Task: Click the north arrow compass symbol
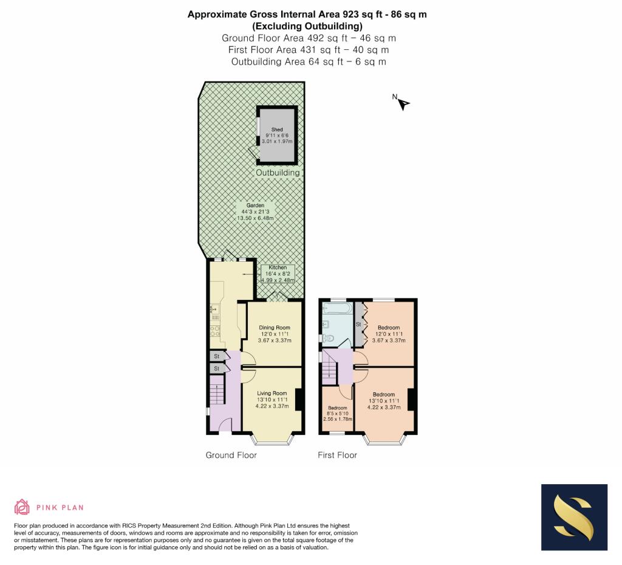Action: coord(403,104)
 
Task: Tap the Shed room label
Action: coord(277,136)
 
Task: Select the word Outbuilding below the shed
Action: coord(278,173)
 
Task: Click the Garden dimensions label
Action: coord(255,212)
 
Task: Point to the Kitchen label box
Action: coord(278,274)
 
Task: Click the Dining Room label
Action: coord(275,334)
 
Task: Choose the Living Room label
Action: coord(272,400)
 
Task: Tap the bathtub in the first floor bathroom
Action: coord(337,308)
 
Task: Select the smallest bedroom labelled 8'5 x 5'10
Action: coord(338,414)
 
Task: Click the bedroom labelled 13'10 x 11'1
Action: coord(384,401)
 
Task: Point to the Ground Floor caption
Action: coord(231,455)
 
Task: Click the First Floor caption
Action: coord(337,455)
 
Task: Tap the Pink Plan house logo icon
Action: coord(22,507)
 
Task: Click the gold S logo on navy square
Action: coord(574,518)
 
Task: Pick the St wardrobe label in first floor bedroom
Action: coord(358,324)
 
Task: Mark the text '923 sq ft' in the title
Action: coord(363,15)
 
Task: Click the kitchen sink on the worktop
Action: coord(214,308)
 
